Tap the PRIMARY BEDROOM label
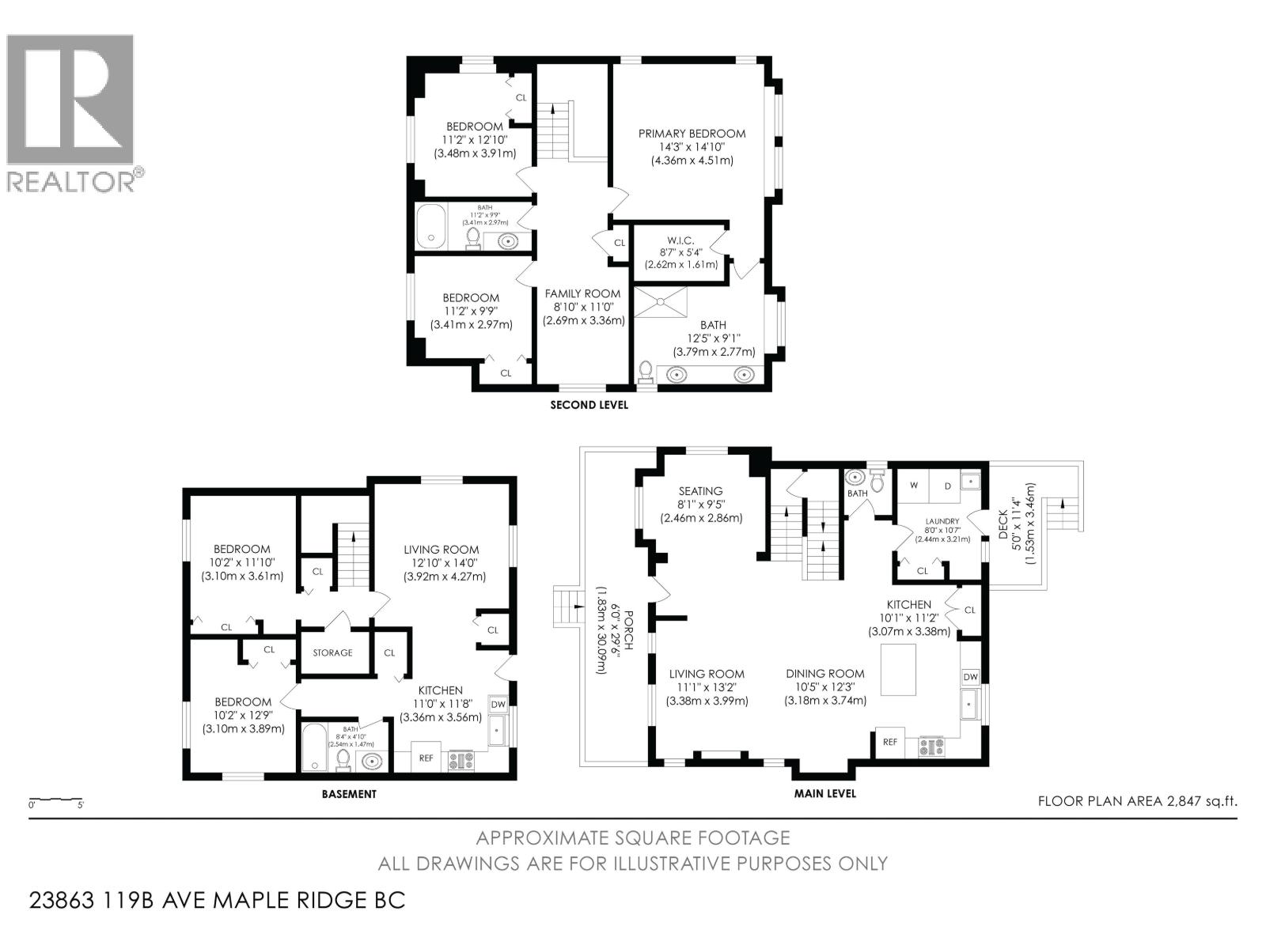692,134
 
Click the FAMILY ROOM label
583,293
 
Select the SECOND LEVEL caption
589,405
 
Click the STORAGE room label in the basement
332,652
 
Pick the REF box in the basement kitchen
426,758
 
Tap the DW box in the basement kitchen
498,704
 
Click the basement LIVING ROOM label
441,550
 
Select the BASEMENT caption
349,794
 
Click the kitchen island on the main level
899,669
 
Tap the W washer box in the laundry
914,485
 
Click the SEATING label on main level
700,491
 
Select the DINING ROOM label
824,674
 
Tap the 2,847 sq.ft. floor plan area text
1137,801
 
